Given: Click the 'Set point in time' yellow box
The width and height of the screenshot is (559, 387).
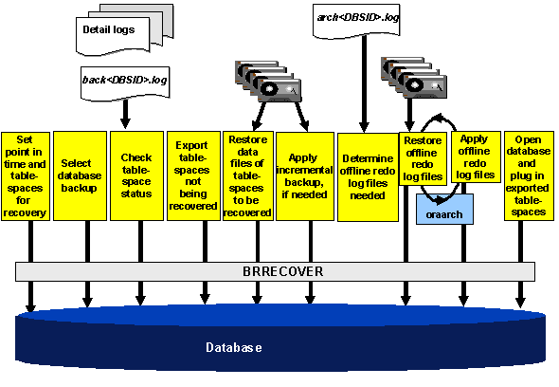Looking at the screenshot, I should click(x=27, y=175).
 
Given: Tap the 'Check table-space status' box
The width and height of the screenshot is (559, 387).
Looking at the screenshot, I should click(x=136, y=175).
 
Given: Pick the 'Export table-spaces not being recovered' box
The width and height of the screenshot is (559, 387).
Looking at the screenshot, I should click(x=192, y=175).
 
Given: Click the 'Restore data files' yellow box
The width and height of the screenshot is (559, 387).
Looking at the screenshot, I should click(x=247, y=175).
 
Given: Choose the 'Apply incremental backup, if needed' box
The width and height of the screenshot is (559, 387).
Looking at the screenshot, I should click(x=302, y=175).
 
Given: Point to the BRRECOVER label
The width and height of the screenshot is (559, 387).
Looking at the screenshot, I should click(x=282, y=271).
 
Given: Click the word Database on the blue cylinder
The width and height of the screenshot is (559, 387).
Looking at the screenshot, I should click(x=234, y=348).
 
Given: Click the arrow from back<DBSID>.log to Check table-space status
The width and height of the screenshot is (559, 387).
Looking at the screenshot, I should click(x=124, y=113).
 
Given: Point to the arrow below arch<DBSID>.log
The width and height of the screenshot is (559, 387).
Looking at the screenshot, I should click(x=363, y=85).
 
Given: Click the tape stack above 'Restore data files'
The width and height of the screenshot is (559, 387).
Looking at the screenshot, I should click(x=268, y=83).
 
